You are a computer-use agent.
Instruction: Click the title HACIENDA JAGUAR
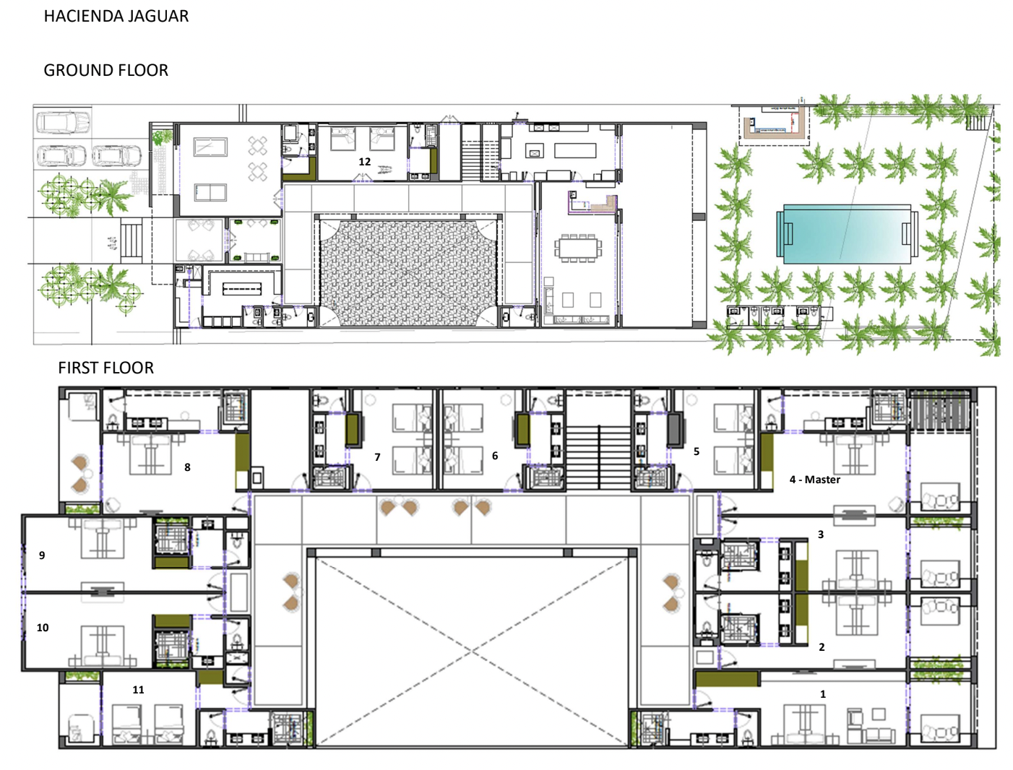point(116,16)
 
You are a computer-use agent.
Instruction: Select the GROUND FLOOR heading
point(105,70)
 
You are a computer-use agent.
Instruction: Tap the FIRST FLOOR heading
point(105,368)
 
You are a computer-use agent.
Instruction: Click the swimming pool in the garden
point(847,234)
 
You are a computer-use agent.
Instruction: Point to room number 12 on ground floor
point(365,162)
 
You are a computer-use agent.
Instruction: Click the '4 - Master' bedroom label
point(814,480)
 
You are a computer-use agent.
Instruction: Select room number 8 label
point(187,467)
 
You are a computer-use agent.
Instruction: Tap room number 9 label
point(42,555)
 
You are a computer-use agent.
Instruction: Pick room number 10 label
point(43,628)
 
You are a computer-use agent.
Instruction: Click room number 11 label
point(138,690)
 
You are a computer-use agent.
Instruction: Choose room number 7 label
point(377,457)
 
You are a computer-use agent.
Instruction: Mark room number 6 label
point(495,456)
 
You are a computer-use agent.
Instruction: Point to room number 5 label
point(697,451)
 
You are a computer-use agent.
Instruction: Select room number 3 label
point(821,535)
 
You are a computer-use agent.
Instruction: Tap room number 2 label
point(822,646)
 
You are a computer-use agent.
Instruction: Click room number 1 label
point(822,694)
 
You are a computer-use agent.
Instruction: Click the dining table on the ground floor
point(578,248)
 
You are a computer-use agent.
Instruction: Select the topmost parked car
point(63,121)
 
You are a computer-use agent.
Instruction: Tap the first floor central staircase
point(598,457)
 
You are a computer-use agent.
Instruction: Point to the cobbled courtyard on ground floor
point(408,273)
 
